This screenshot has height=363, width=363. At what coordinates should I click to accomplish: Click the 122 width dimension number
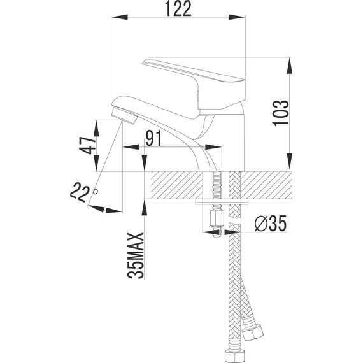(178, 8)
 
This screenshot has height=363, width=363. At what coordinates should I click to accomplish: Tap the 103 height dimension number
(281, 113)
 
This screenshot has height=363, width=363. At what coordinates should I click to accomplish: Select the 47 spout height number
(87, 145)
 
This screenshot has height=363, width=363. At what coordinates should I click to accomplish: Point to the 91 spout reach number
(153, 138)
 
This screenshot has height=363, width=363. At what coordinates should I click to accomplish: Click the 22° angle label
(83, 191)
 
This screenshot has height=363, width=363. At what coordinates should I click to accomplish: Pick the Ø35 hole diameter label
(271, 224)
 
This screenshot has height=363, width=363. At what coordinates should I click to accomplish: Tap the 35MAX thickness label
(136, 255)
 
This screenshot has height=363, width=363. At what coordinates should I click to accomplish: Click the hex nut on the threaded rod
(217, 219)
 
